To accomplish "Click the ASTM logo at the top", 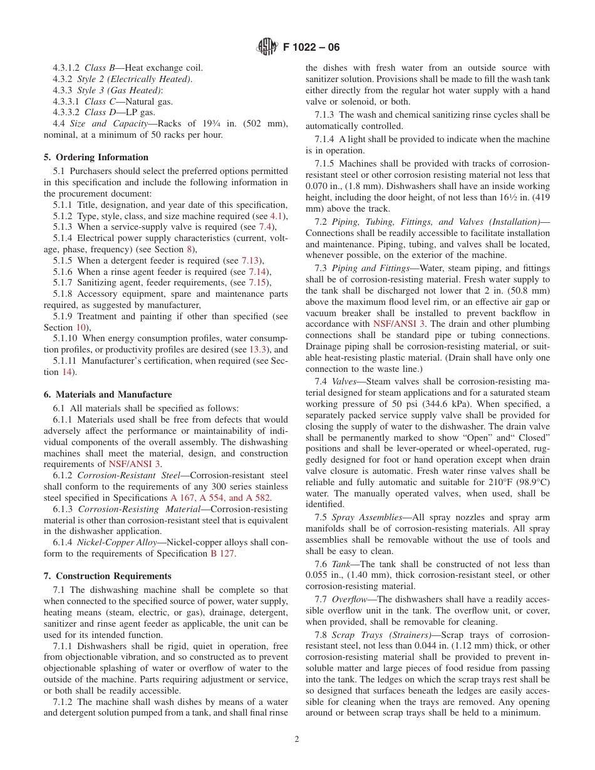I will point(267,47).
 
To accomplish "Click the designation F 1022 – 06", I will point(311,48).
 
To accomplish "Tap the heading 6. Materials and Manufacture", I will point(107,394).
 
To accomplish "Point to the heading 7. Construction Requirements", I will point(107,576).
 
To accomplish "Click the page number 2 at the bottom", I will point(297,739).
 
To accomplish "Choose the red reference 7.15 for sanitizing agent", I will point(257,283).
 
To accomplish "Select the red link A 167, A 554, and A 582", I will point(221,498).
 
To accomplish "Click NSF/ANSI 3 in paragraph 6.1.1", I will point(135,464).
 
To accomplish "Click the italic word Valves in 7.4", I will point(344,381).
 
